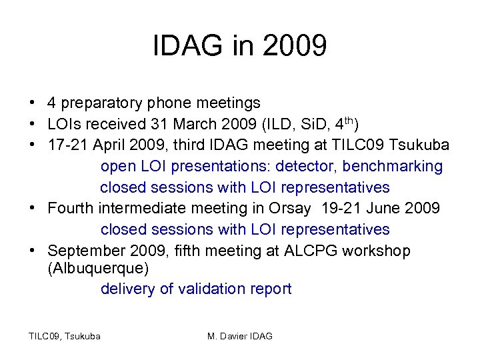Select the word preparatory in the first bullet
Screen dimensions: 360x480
(x=101, y=103)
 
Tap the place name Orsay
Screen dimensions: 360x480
(x=290, y=208)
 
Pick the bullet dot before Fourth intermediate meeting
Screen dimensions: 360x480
(x=32, y=209)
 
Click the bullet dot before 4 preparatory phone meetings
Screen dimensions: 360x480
(x=32, y=104)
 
